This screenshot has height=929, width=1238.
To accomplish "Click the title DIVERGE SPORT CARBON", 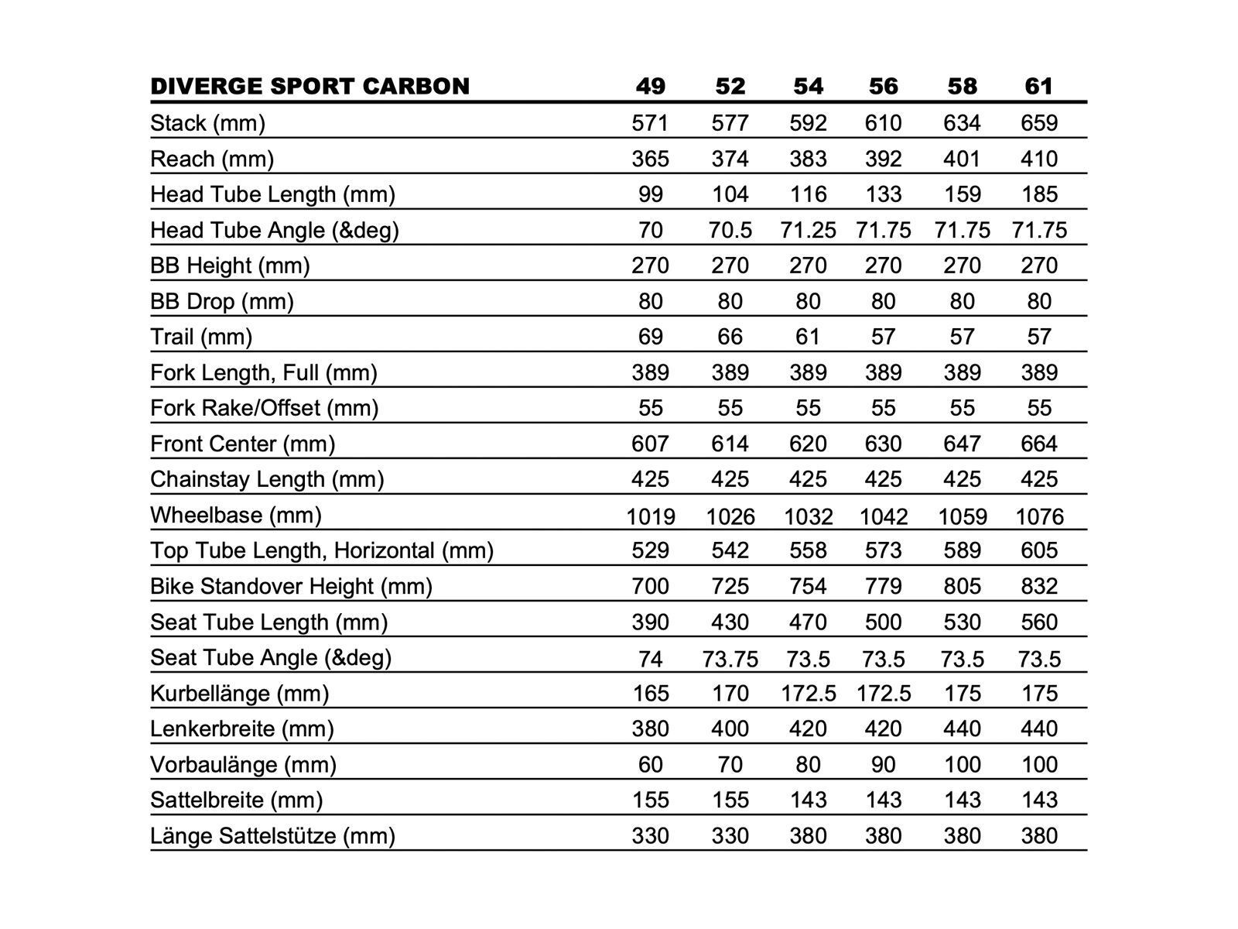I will pos(309,86).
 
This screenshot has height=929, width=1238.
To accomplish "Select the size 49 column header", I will pos(650,86).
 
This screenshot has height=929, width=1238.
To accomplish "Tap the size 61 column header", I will pos(1038,86).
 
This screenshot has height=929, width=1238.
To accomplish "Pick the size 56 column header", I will pos(883,86).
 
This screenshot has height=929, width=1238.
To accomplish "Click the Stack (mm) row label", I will pos(207,123).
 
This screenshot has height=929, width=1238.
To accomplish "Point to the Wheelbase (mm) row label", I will pos(235,515).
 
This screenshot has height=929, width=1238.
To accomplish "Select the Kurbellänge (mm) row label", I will pos(239,693).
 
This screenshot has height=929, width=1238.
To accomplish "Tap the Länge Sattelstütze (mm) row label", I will pos(272,836).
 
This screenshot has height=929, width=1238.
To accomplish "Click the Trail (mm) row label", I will pos(201,337).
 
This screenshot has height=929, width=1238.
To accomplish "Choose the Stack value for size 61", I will pos(1038,123).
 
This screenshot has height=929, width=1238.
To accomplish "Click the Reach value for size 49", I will pos(650,159).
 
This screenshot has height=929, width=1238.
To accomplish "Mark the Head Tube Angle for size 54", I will pos(808,230).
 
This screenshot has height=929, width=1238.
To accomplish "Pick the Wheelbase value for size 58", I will pos(962,516).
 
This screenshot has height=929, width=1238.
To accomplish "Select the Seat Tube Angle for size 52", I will pos(730,659).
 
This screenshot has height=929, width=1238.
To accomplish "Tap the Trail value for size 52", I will pos(730,337).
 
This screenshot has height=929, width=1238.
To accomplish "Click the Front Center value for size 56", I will pos(883,444).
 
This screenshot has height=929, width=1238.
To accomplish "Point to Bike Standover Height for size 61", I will pos(1038,586).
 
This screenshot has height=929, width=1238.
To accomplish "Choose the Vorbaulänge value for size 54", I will pos(808,765).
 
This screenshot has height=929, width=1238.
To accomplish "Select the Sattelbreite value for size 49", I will pos(650,800).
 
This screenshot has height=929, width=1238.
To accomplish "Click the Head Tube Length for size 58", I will pos(962,194).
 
